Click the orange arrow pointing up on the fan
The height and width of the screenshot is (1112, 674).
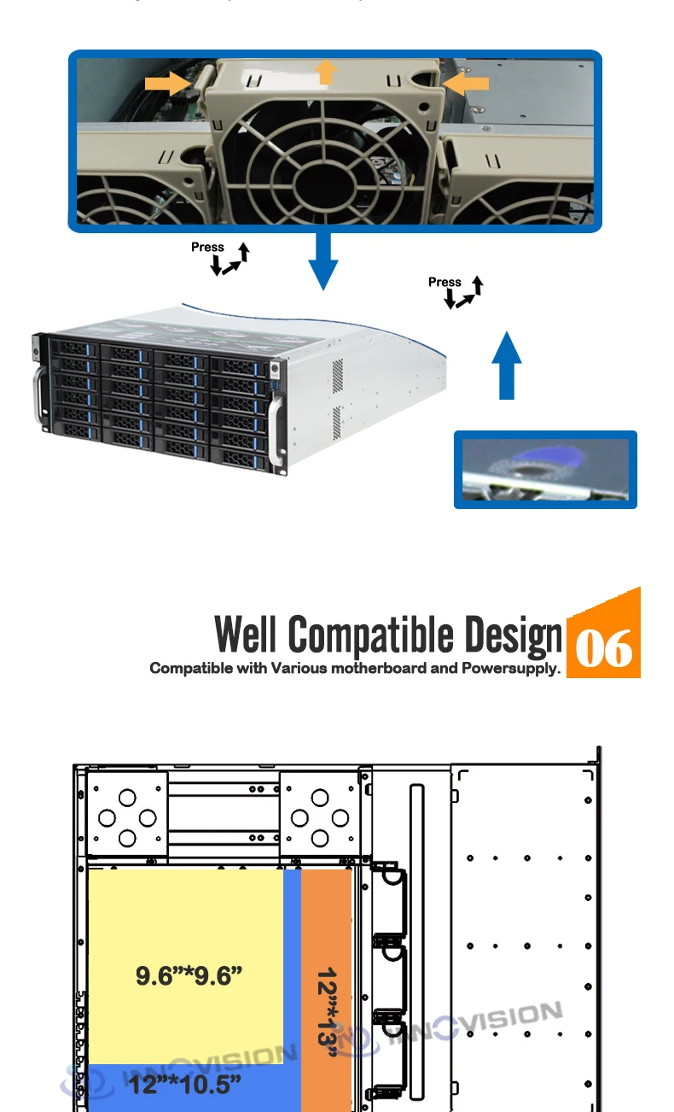325,72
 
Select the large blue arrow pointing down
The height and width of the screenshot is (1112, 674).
323,260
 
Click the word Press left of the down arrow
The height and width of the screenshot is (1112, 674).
207,247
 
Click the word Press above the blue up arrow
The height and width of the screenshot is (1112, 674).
444,282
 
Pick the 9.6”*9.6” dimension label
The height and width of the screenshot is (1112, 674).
184,975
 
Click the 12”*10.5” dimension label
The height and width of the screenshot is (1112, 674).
185,1085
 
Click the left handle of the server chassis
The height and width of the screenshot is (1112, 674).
38,395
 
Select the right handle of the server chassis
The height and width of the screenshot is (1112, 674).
275,418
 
